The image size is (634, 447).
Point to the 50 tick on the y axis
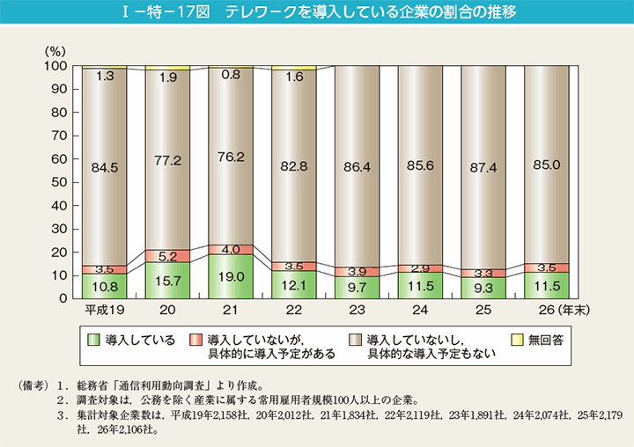[x=56, y=182]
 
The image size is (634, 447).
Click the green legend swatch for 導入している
[x=93, y=339]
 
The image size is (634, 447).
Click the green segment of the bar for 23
[x=357, y=287]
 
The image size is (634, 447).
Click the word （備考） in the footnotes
[x=33, y=386]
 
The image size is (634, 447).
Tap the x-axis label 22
[x=294, y=311]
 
